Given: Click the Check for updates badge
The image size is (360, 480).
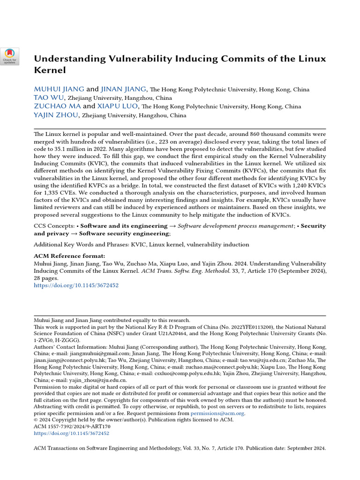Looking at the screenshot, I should pyautogui.click(x=9, y=56).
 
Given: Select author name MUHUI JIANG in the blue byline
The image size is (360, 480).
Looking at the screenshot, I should pyautogui.click(x=59, y=89).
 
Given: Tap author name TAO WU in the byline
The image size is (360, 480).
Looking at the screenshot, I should pyautogui.click(x=49, y=98).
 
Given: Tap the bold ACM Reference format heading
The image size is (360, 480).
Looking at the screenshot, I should pyautogui.click(x=69, y=256).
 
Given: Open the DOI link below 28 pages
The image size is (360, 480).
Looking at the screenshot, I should pyautogui.click(x=76, y=285).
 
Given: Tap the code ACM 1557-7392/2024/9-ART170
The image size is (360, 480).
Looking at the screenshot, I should pyautogui.click(x=72, y=427).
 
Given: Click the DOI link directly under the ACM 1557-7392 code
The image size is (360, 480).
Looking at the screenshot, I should pyautogui.click(x=72, y=434).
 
